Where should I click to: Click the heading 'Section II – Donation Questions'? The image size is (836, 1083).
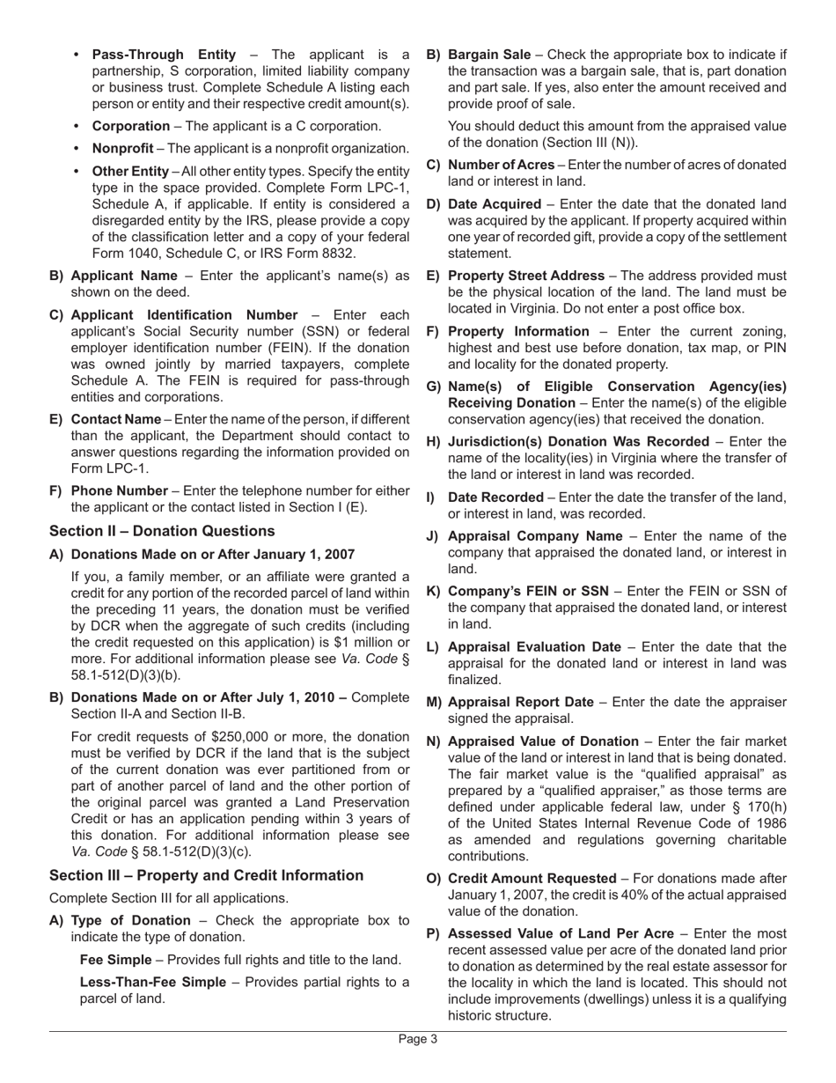coord(162,531)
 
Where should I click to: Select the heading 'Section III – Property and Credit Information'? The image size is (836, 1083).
coord(206,875)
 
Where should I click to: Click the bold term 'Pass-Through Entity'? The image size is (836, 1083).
coord(163,55)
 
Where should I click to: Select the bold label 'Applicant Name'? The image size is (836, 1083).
coord(123,276)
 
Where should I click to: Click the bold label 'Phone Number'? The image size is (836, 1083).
coord(119,490)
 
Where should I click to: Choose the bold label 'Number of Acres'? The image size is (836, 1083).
coord(502,165)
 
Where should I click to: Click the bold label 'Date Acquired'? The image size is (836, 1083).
coord(495,204)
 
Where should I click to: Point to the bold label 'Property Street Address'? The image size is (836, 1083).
coord(526,276)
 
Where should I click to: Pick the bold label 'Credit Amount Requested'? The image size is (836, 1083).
coord(532,879)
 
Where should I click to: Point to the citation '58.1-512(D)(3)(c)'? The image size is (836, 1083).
coord(191,851)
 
